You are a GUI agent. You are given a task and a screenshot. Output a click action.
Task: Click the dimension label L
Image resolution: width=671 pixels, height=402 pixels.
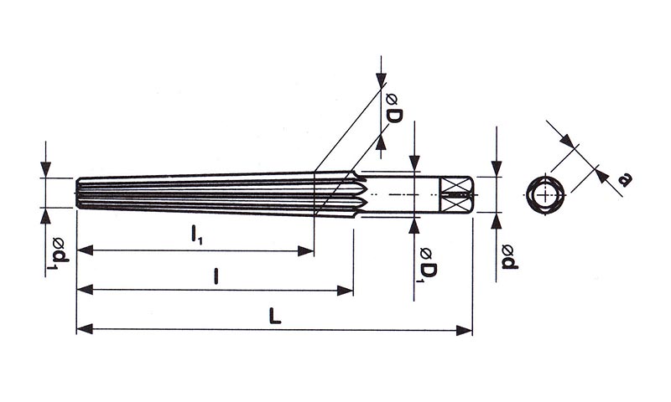pos(275,317)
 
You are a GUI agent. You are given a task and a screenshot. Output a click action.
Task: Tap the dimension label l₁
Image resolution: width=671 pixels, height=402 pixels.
pos(196,235)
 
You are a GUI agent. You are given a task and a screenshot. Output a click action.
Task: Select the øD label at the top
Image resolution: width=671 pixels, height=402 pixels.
pos(393,109)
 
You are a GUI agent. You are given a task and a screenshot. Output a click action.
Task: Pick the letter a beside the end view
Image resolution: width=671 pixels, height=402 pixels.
pos(626,180)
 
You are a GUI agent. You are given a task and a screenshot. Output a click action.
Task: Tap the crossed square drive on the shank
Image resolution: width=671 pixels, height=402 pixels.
pos(455,194)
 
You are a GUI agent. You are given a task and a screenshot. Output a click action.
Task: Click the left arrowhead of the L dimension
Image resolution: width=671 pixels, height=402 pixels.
pos(85,329)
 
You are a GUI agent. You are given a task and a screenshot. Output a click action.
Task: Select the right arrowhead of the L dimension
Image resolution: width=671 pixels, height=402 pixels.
pos(465,330)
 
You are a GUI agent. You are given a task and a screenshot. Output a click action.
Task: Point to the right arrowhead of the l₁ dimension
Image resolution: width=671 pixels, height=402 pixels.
pos(306,250)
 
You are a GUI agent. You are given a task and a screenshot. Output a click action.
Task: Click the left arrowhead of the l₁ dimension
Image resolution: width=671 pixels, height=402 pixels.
pos(85,250)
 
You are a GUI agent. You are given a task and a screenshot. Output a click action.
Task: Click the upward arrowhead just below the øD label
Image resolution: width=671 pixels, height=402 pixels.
pos(381,141)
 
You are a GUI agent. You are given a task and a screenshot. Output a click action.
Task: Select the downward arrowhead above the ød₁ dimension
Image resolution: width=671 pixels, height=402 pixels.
pos(46,170)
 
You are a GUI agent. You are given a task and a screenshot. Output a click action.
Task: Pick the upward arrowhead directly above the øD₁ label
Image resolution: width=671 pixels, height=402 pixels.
pos(414,225)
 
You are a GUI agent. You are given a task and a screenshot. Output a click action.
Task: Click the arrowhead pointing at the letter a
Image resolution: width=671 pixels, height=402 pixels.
pos(602,176)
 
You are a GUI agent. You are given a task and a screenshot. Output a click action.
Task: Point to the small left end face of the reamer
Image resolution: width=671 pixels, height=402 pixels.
pos(79,193)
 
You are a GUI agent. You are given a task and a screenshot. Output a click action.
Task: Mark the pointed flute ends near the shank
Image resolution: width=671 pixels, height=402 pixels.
pos(359,193)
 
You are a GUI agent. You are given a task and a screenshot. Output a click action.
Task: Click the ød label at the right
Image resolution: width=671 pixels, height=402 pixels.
pos(510,257)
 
